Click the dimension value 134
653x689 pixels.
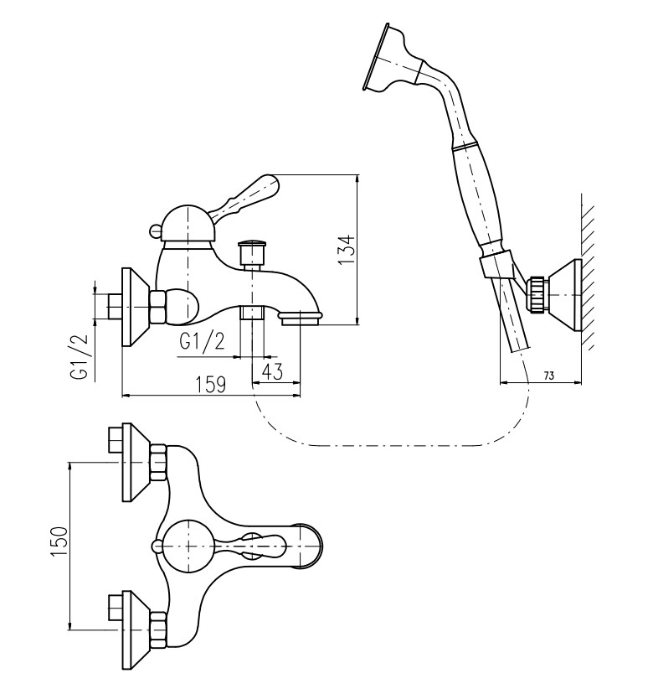tap(348, 250)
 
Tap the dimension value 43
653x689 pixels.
tap(272, 370)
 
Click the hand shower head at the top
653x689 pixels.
tap(385, 57)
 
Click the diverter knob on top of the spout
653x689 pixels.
tap(252, 251)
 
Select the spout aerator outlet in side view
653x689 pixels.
tap(301, 317)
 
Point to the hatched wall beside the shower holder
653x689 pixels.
tap(589, 277)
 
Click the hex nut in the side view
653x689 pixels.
tap(157, 305)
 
